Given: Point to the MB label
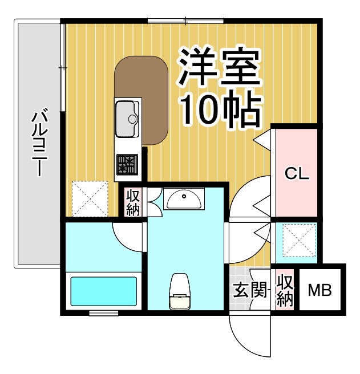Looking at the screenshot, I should coord(319,291).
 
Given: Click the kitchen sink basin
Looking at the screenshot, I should coord(128,118).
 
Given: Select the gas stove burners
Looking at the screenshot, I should coord(127,165).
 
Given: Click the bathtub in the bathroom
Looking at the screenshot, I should coord(103,292).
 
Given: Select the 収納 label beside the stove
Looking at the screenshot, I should coord(133,202).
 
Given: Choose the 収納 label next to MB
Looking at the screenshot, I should coord(284,291).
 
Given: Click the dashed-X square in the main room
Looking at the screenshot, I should coord(90,198).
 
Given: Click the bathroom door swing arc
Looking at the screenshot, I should coord(127,234).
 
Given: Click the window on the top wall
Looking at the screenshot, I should coord(185,22).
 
